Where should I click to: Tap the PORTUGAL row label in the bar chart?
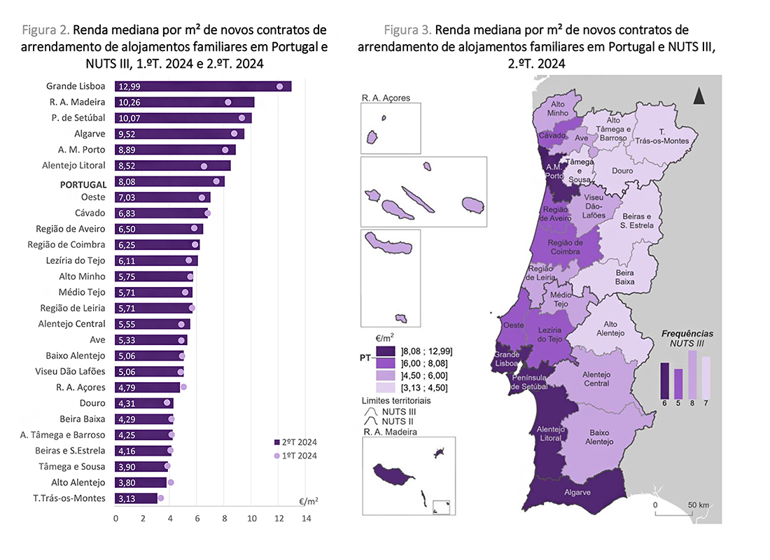[x=83, y=185]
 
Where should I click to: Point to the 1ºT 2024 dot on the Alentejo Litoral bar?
[x=204, y=166]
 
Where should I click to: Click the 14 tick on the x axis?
[x=306, y=519]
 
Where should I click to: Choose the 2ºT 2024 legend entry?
[x=295, y=442]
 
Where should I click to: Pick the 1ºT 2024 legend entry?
[x=295, y=456]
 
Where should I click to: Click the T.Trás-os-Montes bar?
[x=136, y=498]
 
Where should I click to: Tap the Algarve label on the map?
[x=577, y=492]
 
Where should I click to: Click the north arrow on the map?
[x=698, y=96]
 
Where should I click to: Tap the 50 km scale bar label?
[x=698, y=505]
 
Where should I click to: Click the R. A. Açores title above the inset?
[x=386, y=98]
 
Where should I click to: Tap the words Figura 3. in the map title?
[x=407, y=30]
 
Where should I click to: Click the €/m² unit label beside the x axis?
[x=309, y=501]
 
